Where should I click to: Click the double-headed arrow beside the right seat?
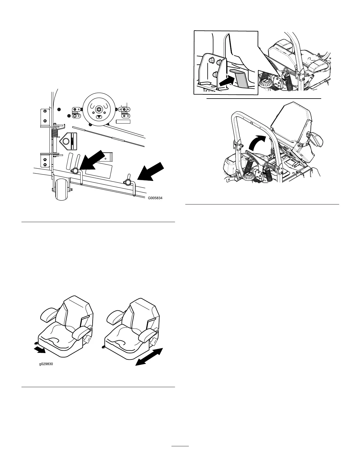(149, 357)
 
